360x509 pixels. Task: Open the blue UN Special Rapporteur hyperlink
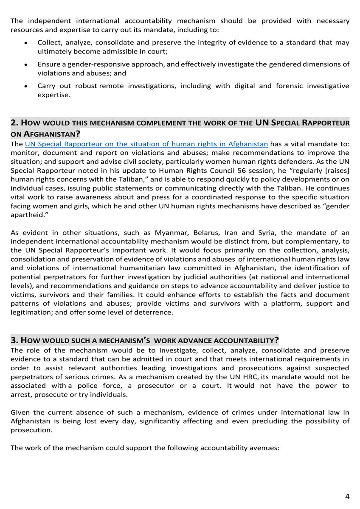[146, 144]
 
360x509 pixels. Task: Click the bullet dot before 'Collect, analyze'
[26, 44]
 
